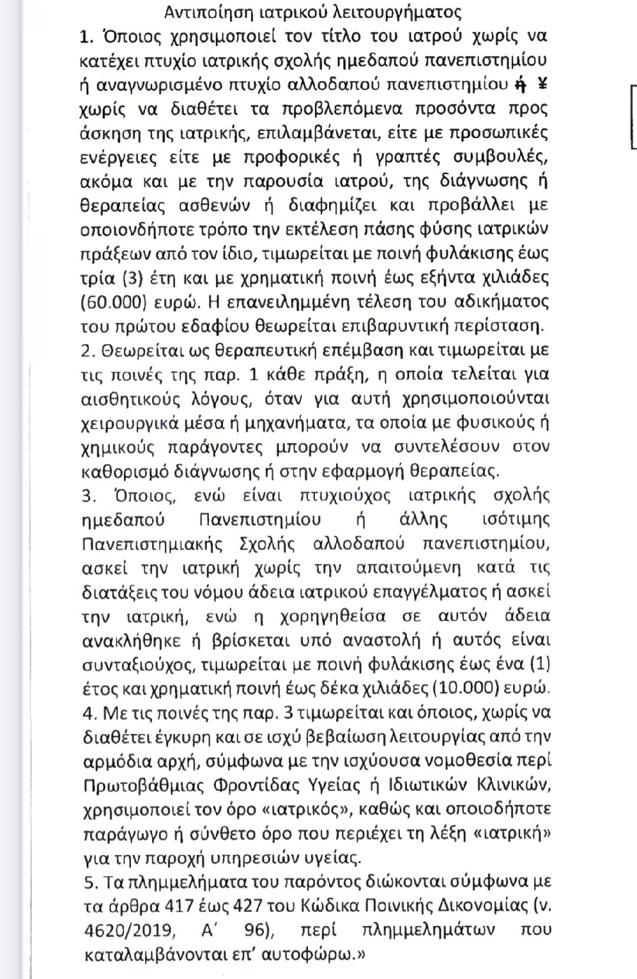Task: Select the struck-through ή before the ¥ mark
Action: point(520,84)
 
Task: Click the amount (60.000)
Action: point(113,302)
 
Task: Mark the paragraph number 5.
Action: point(89,882)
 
